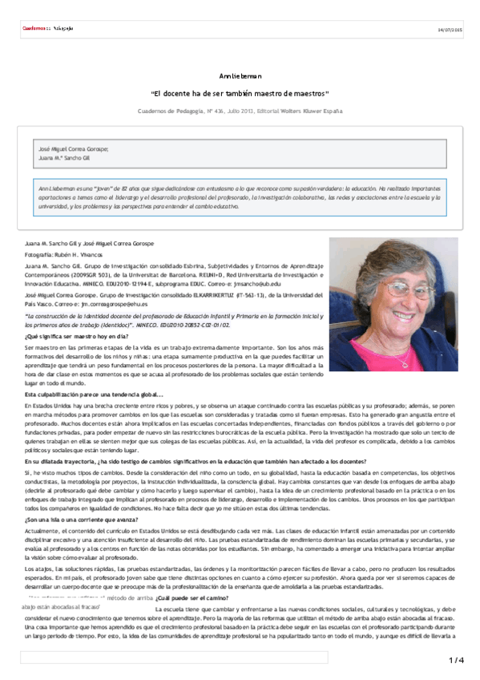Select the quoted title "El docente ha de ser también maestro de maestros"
pyautogui.click(x=240, y=93)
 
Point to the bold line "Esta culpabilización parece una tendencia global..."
pyautogui.click(x=94, y=395)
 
